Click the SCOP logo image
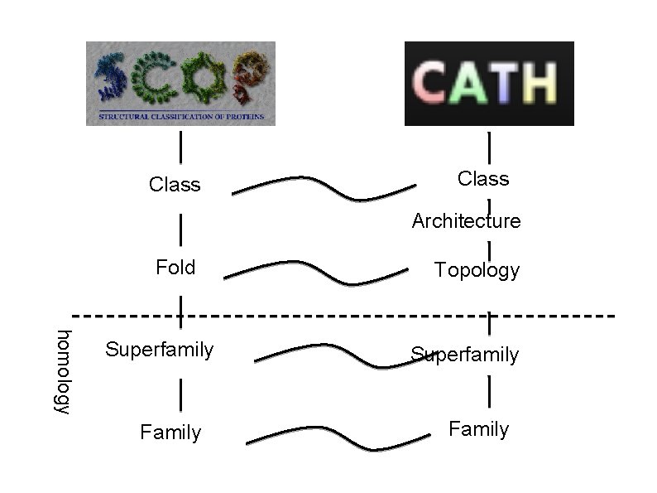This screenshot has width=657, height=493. (180, 83)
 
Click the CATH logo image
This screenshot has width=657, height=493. (488, 84)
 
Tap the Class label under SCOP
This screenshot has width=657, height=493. (175, 185)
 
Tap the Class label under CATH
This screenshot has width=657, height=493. (483, 179)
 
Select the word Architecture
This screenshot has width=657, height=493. (466, 221)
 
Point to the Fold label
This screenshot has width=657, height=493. (175, 268)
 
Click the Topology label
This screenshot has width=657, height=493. (477, 271)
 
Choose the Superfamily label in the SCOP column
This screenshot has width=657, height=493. (159, 350)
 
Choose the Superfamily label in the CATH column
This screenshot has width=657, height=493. (465, 355)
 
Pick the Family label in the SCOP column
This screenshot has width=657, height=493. (170, 433)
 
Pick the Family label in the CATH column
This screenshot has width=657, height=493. (478, 429)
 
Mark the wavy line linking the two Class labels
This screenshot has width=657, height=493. (323, 186)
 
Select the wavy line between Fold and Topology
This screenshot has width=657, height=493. (314, 270)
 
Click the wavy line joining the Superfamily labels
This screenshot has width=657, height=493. (331, 351)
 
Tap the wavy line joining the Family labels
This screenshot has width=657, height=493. (339, 436)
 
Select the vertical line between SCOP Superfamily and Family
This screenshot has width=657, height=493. (180, 394)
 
